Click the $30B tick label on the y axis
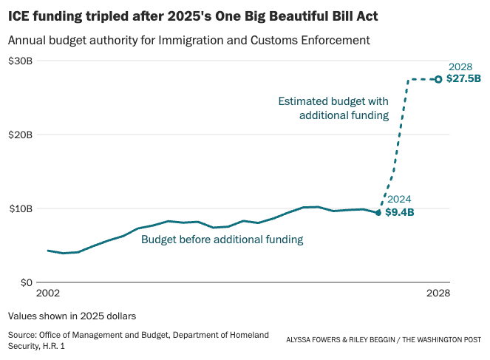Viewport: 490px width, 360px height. coord(20,61)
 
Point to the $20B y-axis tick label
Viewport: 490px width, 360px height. coord(20,135)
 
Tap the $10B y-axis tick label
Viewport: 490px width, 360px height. coord(20,208)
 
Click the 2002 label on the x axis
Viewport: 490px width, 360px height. coord(48,293)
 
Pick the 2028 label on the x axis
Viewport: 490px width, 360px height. coord(438,293)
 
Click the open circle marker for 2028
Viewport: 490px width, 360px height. coord(438,79)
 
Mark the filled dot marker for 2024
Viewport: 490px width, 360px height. coord(378,212)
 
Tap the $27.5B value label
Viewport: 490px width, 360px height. coord(463,78)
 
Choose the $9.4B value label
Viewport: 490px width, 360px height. coord(400,213)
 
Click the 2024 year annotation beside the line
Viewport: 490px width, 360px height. coord(398,200)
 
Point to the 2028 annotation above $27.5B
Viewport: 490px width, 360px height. coord(460,67)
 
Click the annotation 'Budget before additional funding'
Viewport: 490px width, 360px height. coord(222,240)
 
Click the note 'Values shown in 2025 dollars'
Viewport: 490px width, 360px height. coord(72,316)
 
